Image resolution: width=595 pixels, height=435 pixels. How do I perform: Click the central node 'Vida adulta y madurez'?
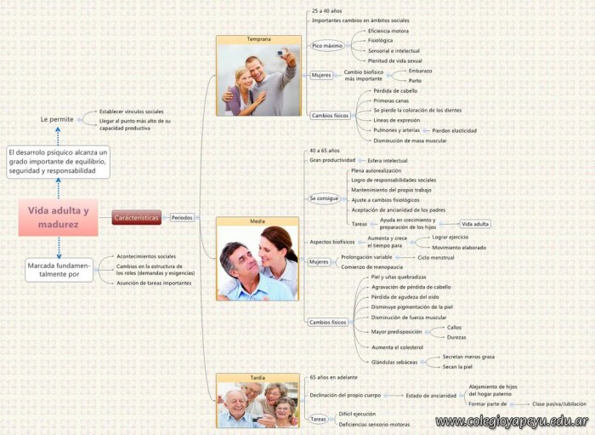click(58, 217)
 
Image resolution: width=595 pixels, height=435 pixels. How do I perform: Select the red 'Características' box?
click(137, 218)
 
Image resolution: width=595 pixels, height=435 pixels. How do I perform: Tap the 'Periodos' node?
click(183, 218)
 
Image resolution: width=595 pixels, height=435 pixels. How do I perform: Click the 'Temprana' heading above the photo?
click(258, 40)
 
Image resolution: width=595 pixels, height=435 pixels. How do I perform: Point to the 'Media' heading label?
click(258, 221)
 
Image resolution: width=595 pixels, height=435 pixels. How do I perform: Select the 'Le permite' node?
click(57, 119)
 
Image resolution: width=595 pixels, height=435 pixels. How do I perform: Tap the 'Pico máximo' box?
click(327, 45)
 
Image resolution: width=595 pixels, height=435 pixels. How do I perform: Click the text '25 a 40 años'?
click(327, 10)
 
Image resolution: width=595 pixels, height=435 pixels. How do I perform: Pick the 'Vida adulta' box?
click(475, 224)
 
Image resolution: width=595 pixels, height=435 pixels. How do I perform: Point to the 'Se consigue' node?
click(325, 198)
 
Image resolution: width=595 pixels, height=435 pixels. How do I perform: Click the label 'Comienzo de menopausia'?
click(371, 266)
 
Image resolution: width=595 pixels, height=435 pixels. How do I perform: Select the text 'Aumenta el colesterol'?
click(398, 347)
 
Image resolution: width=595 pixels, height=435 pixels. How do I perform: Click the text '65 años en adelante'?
click(334, 376)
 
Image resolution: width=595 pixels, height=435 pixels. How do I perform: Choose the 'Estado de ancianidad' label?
click(430, 395)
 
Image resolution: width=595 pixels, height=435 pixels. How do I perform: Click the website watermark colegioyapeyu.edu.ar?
click(512, 421)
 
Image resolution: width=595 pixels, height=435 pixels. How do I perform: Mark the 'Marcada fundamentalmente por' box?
click(59, 270)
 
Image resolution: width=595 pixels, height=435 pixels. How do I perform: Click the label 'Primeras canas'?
click(391, 100)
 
